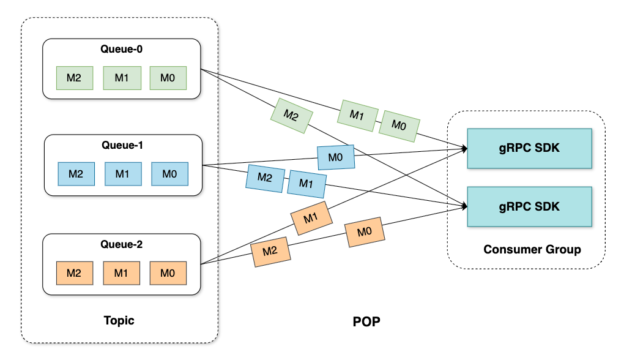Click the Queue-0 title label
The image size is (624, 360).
click(x=121, y=49)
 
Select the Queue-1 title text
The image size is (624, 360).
click(x=122, y=145)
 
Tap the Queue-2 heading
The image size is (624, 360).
click(x=121, y=244)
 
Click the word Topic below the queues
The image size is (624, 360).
click(x=119, y=321)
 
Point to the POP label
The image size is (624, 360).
click(x=366, y=321)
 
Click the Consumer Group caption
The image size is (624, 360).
click(x=532, y=249)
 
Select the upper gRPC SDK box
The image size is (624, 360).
click(x=529, y=148)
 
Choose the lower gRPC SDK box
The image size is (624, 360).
click(x=529, y=207)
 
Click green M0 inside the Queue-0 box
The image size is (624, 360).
click(x=168, y=78)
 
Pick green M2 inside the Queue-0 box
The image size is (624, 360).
click(x=75, y=78)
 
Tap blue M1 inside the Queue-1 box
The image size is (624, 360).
click(x=123, y=174)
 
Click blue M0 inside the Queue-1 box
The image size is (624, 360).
click(x=169, y=174)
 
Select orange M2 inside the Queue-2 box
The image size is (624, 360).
click(x=75, y=273)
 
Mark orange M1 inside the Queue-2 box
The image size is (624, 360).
click(x=121, y=273)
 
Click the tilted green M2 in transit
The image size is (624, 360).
click(x=292, y=116)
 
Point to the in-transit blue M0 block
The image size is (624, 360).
click(x=336, y=158)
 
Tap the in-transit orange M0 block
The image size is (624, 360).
click(x=365, y=232)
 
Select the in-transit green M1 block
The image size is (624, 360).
click(x=357, y=116)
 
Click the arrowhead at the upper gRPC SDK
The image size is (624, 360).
click(x=464, y=149)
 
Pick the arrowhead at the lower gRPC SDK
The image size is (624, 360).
click(x=464, y=206)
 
